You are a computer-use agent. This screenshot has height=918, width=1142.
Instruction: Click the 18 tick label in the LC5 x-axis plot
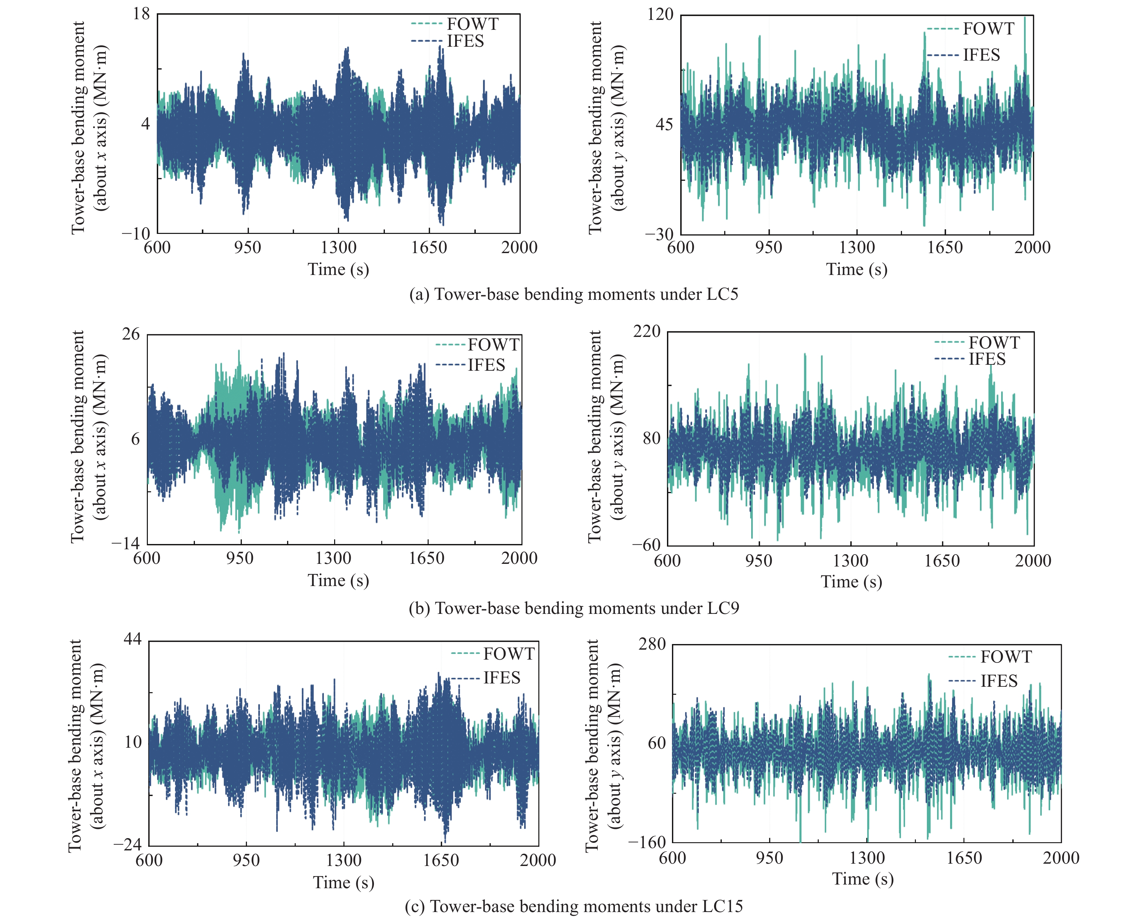tap(142, 14)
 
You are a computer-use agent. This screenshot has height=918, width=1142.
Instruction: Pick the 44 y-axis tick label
tap(132, 639)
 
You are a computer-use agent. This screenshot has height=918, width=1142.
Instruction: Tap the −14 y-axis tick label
tap(126, 543)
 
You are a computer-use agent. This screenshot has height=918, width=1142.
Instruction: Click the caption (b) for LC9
tap(573, 608)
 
